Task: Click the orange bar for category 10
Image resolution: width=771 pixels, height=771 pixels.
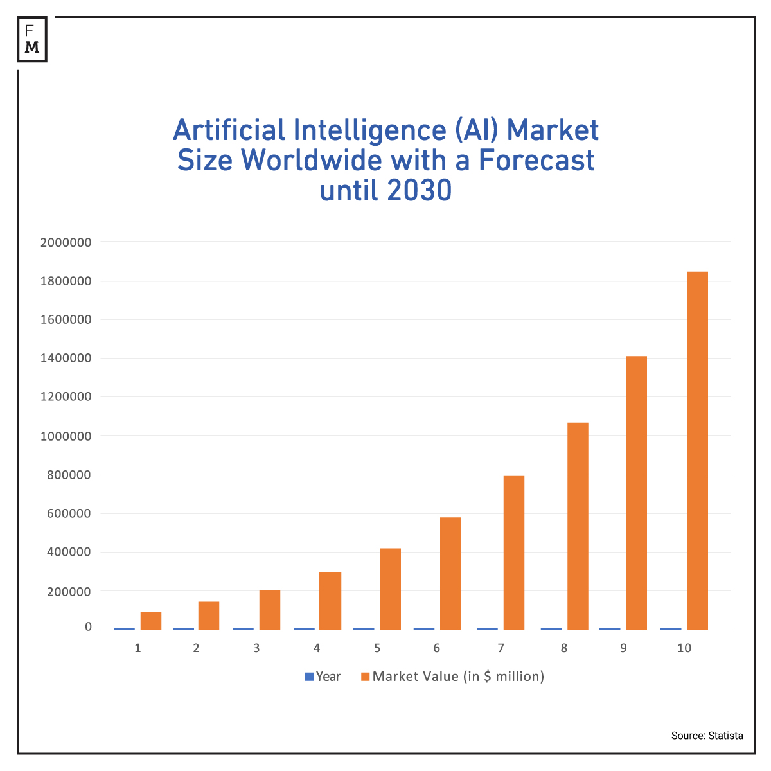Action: [697, 450]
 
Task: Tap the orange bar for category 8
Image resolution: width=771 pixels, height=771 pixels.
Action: [578, 526]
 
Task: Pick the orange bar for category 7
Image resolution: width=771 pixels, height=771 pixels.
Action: [514, 553]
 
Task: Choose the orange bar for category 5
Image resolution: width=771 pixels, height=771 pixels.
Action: [390, 589]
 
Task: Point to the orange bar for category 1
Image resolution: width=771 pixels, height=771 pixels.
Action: [151, 621]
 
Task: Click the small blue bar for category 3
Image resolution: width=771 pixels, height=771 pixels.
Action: [243, 629]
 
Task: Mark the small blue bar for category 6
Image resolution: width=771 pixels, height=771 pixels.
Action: [423, 629]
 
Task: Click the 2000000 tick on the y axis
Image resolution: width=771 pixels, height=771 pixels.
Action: [66, 243]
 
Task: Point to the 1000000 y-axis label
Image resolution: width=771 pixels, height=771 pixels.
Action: [66, 436]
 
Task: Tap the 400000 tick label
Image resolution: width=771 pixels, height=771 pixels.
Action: [69, 553]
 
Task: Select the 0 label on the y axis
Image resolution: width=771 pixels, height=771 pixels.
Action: [88, 627]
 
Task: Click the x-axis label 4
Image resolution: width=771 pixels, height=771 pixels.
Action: [317, 648]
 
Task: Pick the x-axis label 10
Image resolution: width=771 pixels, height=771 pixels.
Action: [684, 648]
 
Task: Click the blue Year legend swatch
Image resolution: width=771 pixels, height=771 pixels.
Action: [309, 677]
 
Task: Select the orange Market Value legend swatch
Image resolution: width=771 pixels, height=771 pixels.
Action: [366, 677]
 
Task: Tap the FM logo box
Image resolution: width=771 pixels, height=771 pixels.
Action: [32, 40]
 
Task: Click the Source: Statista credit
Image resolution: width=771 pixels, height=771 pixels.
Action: [707, 736]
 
